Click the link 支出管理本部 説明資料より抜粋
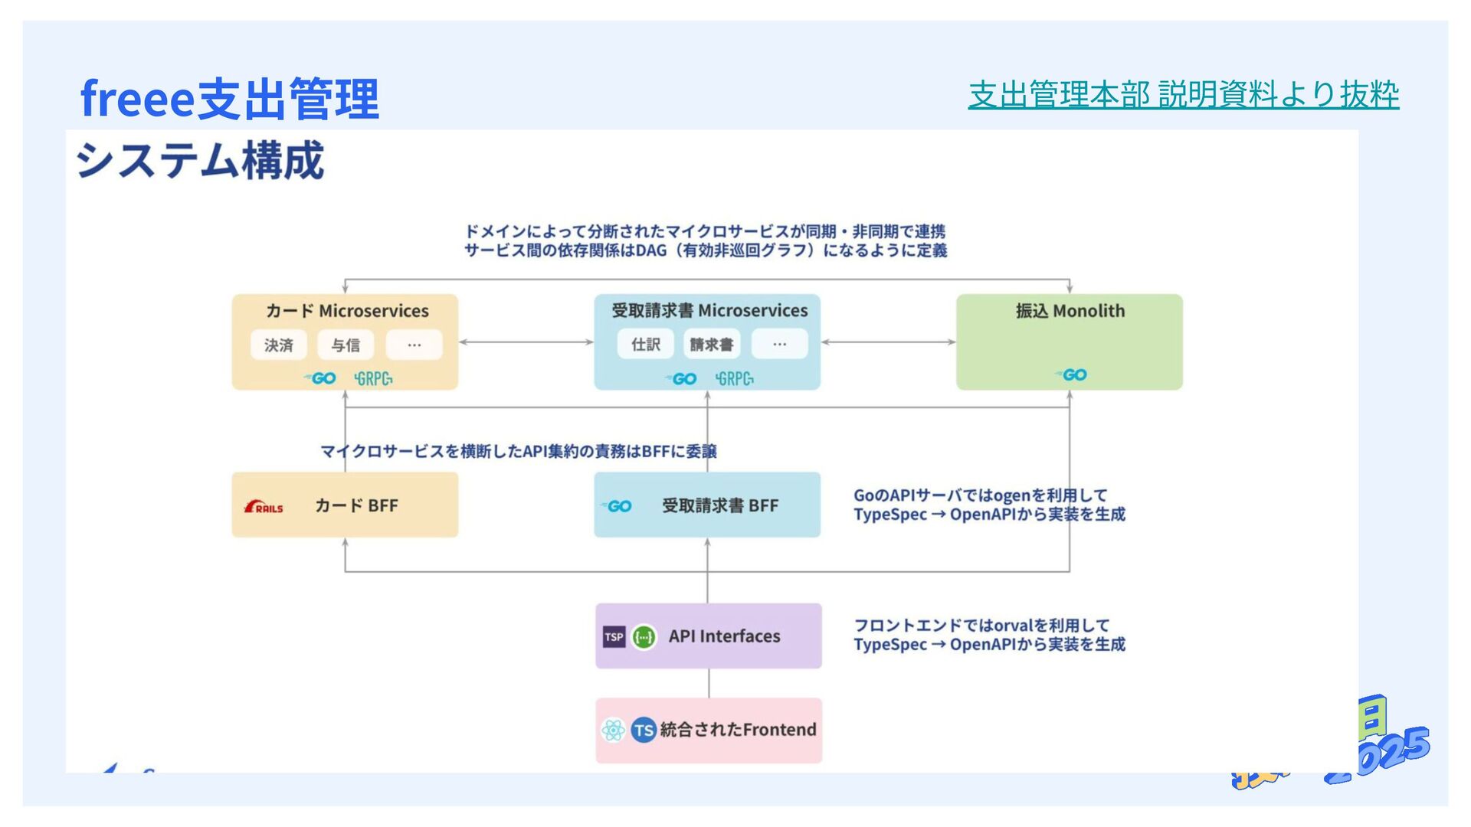[1183, 95]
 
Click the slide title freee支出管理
[229, 99]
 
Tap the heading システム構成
[200, 161]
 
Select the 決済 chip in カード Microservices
[279, 345]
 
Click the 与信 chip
[346, 345]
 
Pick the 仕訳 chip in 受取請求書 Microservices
[645, 345]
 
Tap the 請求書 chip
[711, 345]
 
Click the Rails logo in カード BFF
[264, 507]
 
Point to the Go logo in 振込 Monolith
[1071, 374]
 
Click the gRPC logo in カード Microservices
[373, 378]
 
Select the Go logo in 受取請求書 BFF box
[617, 506]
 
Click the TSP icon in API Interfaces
[614, 637]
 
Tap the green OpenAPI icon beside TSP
[644, 637]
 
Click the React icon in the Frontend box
[613, 731]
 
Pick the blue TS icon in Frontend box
[644, 731]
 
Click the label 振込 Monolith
[1070, 311]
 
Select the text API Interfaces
[724, 636]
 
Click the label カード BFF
[356, 506]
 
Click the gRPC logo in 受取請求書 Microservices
[734, 378]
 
